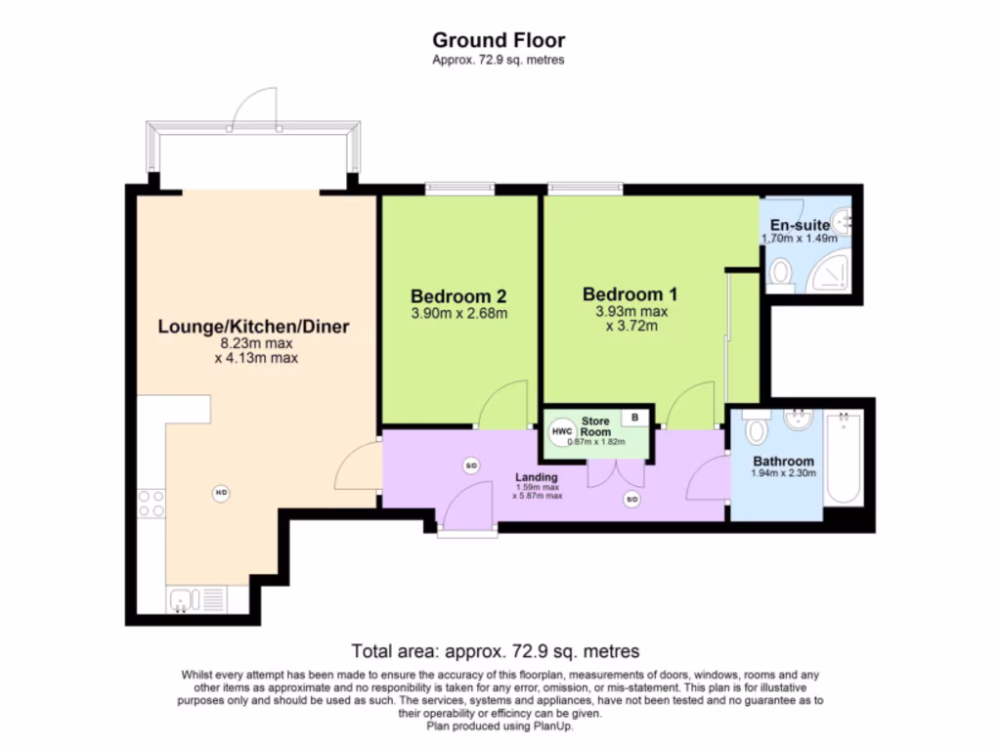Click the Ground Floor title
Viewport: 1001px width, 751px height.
[x=499, y=40]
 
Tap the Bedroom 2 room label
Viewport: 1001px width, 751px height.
[x=458, y=295]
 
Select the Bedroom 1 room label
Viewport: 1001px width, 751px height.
[x=631, y=293]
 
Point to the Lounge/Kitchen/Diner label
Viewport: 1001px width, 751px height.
[x=254, y=327]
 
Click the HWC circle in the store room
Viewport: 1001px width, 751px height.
[x=562, y=431]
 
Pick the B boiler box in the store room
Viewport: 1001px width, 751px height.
[x=635, y=418]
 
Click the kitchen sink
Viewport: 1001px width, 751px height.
[x=182, y=598]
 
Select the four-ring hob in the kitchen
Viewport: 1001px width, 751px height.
[x=152, y=504]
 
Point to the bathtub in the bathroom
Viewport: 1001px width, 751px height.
[x=842, y=459]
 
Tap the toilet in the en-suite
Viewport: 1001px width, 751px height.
[x=780, y=275]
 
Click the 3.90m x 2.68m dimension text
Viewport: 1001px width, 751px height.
[x=458, y=314]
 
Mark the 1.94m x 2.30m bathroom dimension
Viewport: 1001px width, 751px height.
[x=783, y=473]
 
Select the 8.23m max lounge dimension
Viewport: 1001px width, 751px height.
[x=256, y=344]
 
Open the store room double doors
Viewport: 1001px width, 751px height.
[x=616, y=473]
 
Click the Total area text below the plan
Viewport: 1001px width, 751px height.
[x=495, y=651]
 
